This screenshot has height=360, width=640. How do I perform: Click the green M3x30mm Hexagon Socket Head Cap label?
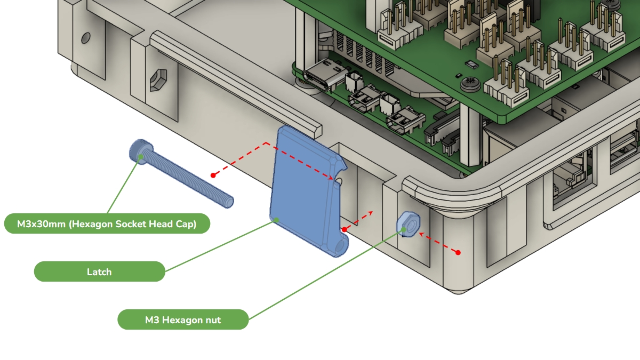[x=107, y=223]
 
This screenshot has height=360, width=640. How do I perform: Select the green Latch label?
[x=99, y=271]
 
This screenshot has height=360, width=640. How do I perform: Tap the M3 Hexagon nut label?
[x=183, y=319]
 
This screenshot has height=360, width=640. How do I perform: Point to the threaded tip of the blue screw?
[x=229, y=202]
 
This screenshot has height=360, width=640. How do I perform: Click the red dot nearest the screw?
[x=213, y=175]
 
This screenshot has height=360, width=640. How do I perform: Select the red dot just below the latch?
[x=345, y=229]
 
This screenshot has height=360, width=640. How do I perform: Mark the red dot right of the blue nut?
[x=458, y=252]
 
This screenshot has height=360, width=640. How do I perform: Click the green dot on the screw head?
[x=141, y=157]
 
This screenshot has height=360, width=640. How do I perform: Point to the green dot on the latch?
[x=276, y=220]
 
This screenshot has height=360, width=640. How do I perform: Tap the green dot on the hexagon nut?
[x=404, y=229]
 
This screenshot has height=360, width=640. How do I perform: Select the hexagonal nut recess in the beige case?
[x=158, y=80]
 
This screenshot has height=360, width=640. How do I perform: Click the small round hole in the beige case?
[x=86, y=38]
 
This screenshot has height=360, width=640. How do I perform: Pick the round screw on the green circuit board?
[x=470, y=83]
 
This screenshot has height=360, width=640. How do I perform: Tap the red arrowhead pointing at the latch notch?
[x=330, y=178]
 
